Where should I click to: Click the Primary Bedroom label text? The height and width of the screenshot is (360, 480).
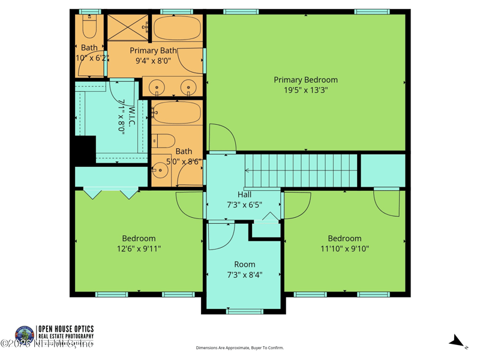(x=305, y=80)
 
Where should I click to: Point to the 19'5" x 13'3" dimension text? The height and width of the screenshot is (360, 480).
(x=305, y=91)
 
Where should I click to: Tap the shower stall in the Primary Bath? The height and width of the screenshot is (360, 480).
(x=127, y=28)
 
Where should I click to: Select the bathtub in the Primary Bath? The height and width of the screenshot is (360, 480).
(x=177, y=28)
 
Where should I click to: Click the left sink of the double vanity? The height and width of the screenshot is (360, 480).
(x=157, y=88)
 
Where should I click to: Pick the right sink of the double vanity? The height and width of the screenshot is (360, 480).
(x=189, y=88)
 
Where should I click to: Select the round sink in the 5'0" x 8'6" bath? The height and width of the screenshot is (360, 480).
(x=159, y=170)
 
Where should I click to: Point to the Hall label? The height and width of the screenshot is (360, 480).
(x=244, y=194)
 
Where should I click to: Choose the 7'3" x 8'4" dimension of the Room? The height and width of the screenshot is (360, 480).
(x=244, y=275)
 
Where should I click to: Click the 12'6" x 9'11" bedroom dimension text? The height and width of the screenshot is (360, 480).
(x=139, y=248)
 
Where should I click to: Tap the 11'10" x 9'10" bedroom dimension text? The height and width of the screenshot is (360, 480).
(x=344, y=248)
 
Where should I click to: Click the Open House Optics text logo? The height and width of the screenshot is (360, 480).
(x=65, y=332)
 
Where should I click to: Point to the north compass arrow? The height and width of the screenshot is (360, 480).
(x=458, y=342)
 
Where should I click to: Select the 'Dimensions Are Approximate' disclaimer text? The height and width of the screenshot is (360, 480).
(x=239, y=348)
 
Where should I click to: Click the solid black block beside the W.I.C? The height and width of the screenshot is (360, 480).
(x=84, y=149)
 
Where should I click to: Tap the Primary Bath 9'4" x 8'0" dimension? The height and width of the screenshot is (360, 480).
(x=153, y=61)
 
